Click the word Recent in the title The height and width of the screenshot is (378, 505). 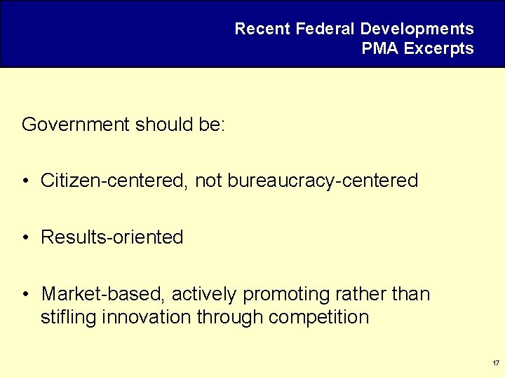click(262, 29)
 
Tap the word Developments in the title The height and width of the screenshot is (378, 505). click(417, 29)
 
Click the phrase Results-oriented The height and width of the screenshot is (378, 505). click(112, 237)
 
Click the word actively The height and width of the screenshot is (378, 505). click(203, 294)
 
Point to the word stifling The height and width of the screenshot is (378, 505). click(68, 317)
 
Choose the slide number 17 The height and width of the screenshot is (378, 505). click(496, 363)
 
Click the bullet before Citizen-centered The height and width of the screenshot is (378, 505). click(25, 181)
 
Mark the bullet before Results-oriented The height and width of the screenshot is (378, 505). click(25, 238)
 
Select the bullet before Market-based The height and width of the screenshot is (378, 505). click(25, 295)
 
